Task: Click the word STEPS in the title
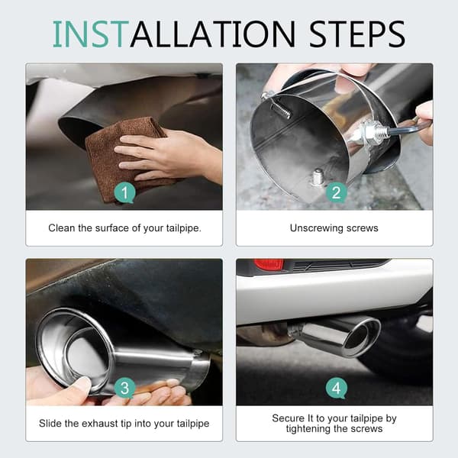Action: (357, 34)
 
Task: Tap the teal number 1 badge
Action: (124, 192)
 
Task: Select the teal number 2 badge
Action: (336, 192)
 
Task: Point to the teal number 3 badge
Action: (124, 389)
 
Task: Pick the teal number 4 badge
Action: (336, 389)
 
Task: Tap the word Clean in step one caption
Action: (62, 227)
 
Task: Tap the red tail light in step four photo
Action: (269, 264)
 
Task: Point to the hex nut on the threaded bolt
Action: (369, 133)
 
